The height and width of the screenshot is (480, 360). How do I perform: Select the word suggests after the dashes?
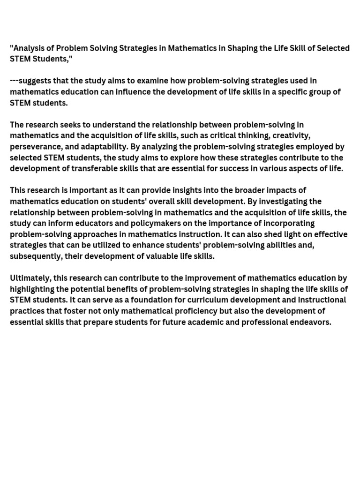tap(34, 81)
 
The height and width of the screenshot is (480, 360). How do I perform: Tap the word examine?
tap(153, 81)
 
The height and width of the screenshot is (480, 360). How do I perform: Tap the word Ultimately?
tap(30, 278)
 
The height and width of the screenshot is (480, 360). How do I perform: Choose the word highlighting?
tap(33, 289)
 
